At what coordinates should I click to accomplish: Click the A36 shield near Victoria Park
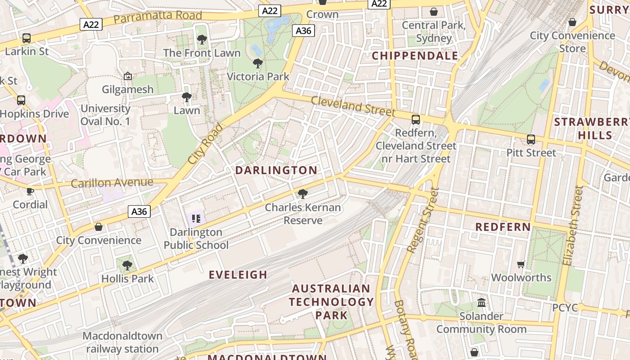point(304,31)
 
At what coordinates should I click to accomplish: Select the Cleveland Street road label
point(353,106)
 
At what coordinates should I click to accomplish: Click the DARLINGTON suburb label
point(276,171)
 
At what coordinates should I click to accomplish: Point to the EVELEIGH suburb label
point(238,274)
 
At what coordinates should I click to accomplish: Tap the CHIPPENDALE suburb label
point(415,56)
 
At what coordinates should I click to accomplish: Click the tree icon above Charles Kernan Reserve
point(303,194)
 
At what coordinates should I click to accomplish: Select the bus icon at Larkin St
point(27,38)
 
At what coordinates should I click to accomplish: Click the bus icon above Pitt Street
point(531,139)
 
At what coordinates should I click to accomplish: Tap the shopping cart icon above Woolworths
point(521,264)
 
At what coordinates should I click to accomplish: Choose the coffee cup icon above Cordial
point(30,191)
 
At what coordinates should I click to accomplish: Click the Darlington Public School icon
point(196,219)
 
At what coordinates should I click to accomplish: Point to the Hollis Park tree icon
point(127,265)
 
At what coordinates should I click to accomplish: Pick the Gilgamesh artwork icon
point(128,76)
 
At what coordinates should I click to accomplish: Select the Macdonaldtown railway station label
point(122,342)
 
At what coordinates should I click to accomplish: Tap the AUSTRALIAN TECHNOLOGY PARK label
point(331,301)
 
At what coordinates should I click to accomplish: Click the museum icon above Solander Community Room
point(481,302)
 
